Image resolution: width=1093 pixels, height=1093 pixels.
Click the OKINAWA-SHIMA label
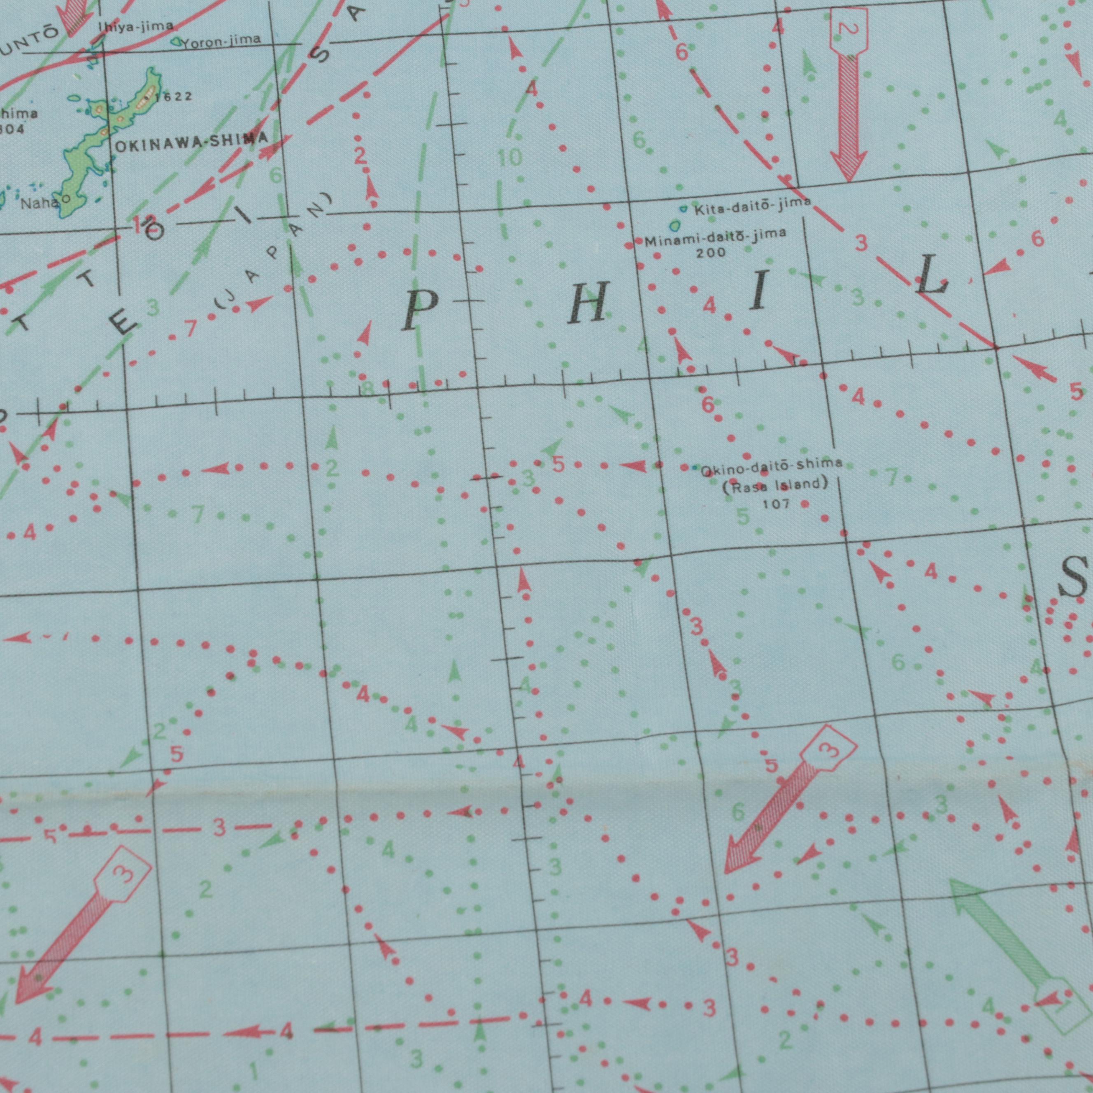coord(191,142)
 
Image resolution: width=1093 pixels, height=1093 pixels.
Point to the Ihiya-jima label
coord(136,26)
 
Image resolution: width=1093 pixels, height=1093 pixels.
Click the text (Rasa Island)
coord(775,486)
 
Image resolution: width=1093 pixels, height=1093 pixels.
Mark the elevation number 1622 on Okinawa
coord(172,97)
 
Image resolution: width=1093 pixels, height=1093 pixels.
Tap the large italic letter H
coord(588,302)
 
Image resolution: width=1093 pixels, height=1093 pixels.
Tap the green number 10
coord(510,158)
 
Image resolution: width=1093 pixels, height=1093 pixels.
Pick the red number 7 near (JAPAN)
coord(190,328)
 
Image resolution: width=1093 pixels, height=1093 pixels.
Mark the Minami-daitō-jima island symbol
coord(674,227)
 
